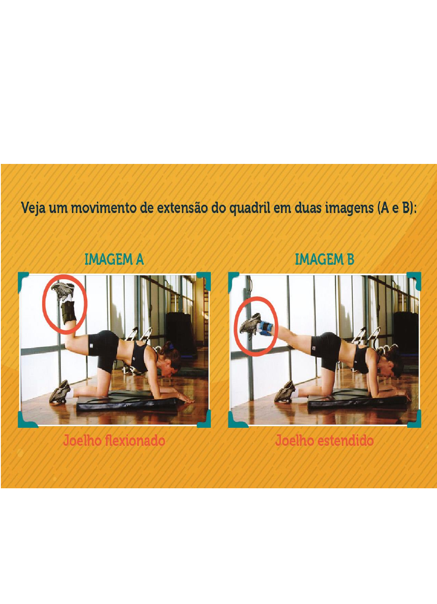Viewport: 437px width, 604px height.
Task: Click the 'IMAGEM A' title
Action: (x=114, y=259)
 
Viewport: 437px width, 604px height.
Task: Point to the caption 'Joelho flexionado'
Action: (x=114, y=441)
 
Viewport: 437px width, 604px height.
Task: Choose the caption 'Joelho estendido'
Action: (x=324, y=441)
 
